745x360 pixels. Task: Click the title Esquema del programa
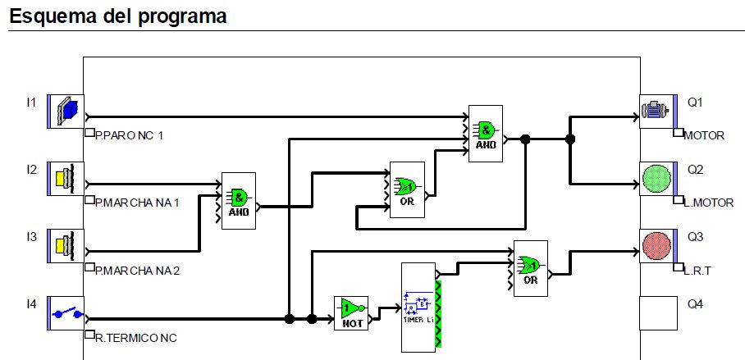click(x=118, y=16)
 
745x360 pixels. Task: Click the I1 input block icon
click(x=66, y=112)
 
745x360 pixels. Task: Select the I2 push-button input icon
click(x=66, y=179)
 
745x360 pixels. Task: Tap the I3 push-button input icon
click(x=66, y=246)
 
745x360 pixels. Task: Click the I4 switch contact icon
click(x=66, y=313)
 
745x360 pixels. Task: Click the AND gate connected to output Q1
click(x=487, y=130)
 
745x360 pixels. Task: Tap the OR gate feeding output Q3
click(x=530, y=265)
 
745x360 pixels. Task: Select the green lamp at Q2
click(x=656, y=179)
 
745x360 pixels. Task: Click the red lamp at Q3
click(x=656, y=246)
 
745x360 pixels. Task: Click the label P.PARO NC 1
click(x=130, y=135)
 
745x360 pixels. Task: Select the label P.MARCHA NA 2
click(x=137, y=270)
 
